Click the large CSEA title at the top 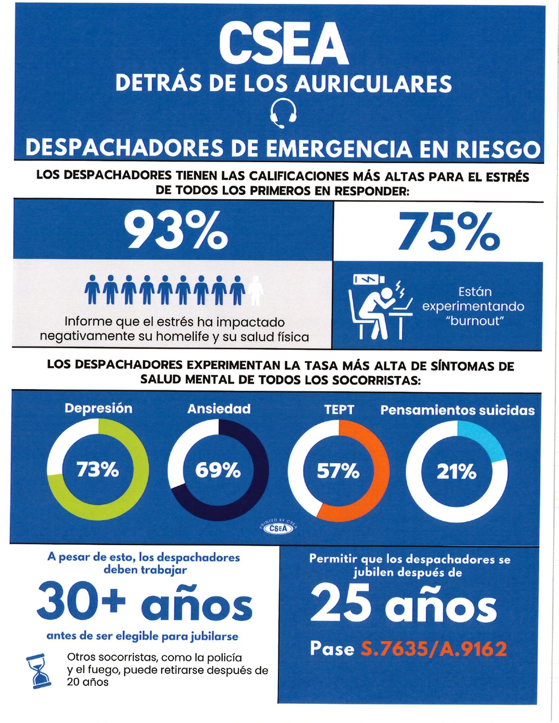pyautogui.click(x=283, y=45)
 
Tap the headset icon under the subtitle pyautogui.click(x=284, y=113)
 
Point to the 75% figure pyautogui.click(x=449, y=231)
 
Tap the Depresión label pyautogui.click(x=98, y=408)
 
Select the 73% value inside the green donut pyautogui.click(x=98, y=469)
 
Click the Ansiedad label pyautogui.click(x=219, y=409)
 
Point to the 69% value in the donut pyautogui.click(x=218, y=470)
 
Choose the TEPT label pyautogui.click(x=339, y=409)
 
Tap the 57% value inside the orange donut pyautogui.click(x=338, y=470)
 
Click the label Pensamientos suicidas pyautogui.click(x=457, y=410)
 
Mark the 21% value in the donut pyautogui.click(x=457, y=471)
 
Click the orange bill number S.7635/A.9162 pyautogui.click(x=435, y=649)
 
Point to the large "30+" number pyautogui.click(x=81, y=603)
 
